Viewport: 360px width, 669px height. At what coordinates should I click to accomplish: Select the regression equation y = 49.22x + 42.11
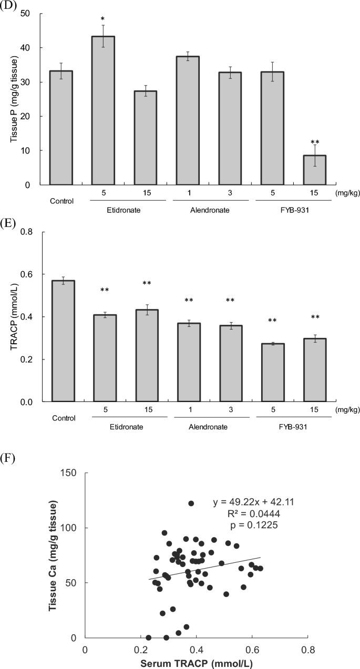[253, 502]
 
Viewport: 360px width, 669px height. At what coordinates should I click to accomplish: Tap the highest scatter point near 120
[191, 503]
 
